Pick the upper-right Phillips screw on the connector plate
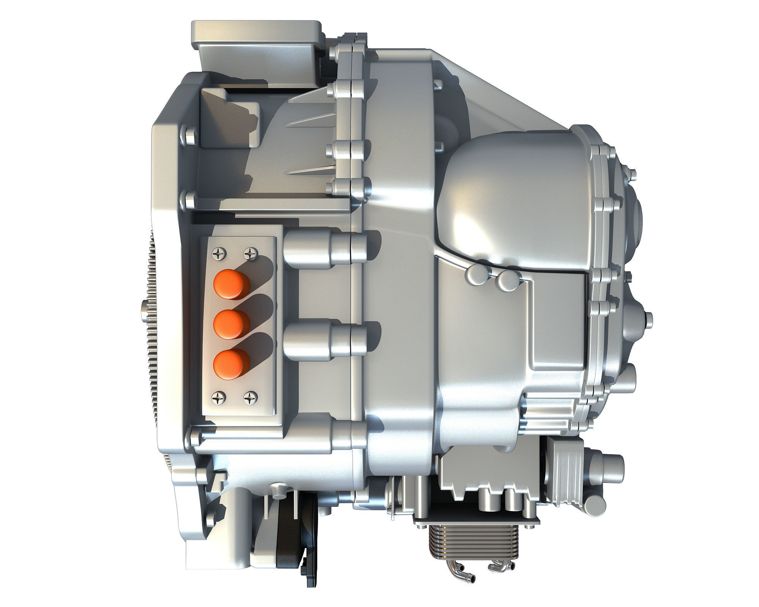point(250,253)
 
